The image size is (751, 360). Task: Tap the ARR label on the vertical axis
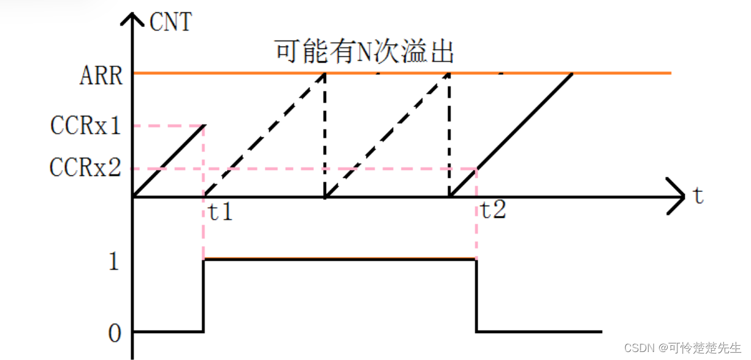pyautogui.click(x=101, y=77)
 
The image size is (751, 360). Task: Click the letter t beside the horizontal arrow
pyautogui.click(x=698, y=196)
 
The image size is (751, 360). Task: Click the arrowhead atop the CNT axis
pyautogui.click(x=134, y=18)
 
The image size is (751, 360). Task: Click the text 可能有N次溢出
pyautogui.click(x=364, y=53)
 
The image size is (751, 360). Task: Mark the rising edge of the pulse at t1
pyautogui.click(x=204, y=296)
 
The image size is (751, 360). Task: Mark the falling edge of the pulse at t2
pyautogui.click(x=476, y=296)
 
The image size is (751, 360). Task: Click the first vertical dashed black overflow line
pyautogui.click(x=325, y=135)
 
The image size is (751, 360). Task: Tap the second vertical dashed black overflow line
pyautogui.click(x=450, y=135)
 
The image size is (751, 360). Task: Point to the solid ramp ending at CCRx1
pyautogui.click(x=169, y=161)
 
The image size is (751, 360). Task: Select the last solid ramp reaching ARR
pyautogui.click(x=511, y=135)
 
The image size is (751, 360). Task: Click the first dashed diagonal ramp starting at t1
pyautogui.click(x=264, y=135)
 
